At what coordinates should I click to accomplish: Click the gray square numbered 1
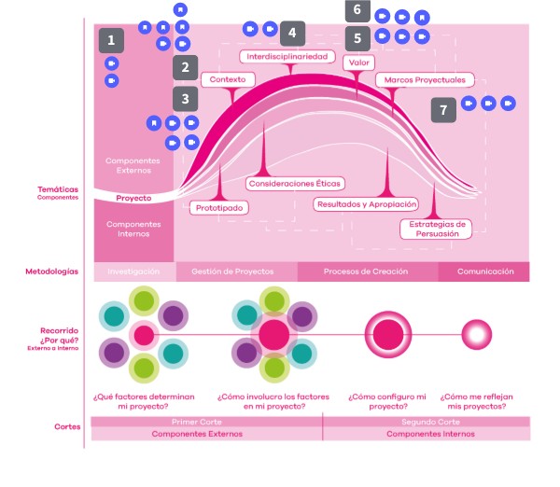pyautogui.click(x=112, y=40)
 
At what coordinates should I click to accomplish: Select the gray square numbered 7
pyautogui.click(x=443, y=110)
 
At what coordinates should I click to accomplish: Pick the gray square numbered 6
pyautogui.click(x=356, y=11)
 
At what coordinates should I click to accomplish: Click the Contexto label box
pyautogui.click(x=228, y=80)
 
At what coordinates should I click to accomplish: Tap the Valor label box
pyautogui.click(x=357, y=63)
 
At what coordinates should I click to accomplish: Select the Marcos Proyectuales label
pyautogui.click(x=426, y=80)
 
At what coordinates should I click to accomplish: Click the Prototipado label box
pyautogui.click(x=220, y=207)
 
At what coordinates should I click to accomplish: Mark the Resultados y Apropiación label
pyautogui.click(x=366, y=203)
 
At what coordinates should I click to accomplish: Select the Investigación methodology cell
pyautogui.click(x=133, y=272)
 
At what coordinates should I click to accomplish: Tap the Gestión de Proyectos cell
pyautogui.click(x=233, y=272)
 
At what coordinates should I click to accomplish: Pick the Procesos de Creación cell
pyautogui.click(x=367, y=272)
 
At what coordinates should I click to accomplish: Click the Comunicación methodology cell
pyautogui.click(x=483, y=272)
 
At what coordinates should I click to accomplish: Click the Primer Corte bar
pyautogui.click(x=206, y=422)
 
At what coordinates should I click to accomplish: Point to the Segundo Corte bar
pyautogui.click(x=426, y=422)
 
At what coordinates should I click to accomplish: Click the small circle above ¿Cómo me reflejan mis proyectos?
pyautogui.click(x=477, y=333)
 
